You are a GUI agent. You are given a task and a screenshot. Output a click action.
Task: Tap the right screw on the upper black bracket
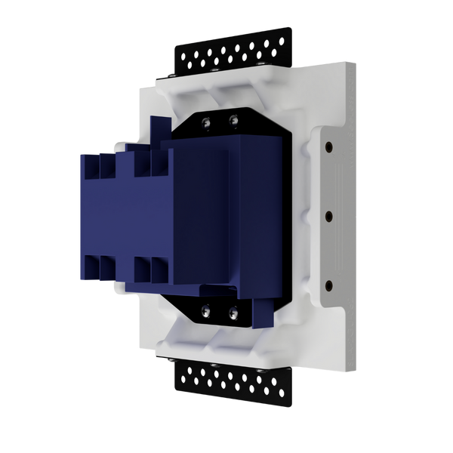click(x=234, y=118)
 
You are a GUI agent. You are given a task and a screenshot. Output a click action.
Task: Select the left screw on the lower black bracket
click(x=206, y=309)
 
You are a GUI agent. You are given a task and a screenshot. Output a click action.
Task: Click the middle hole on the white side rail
click(x=330, y=215)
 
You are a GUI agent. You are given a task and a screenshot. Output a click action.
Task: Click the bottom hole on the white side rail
click(x=330, y=284)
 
